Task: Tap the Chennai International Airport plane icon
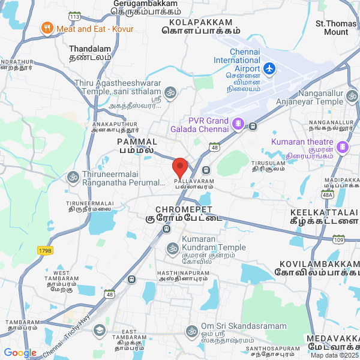click(269, 69)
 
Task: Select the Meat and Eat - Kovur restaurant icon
click(47, 28)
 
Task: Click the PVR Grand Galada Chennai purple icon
click(238, 124)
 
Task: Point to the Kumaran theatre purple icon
click(342, 146)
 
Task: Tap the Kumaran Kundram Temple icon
click(173, 248)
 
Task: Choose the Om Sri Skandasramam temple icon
click(192, 331)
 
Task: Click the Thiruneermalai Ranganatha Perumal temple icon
click(73, 177)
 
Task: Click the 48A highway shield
click(344, 194)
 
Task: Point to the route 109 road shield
click(338, 239)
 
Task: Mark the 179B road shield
click(45, 250)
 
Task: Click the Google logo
click(20, 353)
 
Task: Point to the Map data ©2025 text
click(334, 355)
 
